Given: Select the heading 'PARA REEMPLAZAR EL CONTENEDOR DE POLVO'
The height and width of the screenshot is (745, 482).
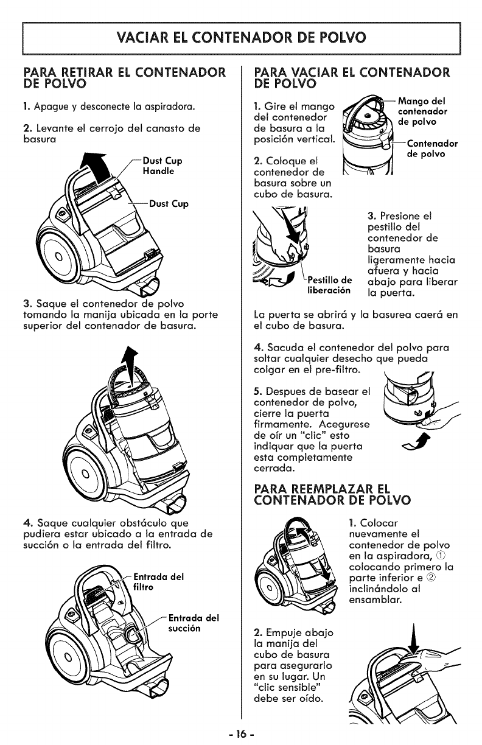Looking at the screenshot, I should (334, 495).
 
